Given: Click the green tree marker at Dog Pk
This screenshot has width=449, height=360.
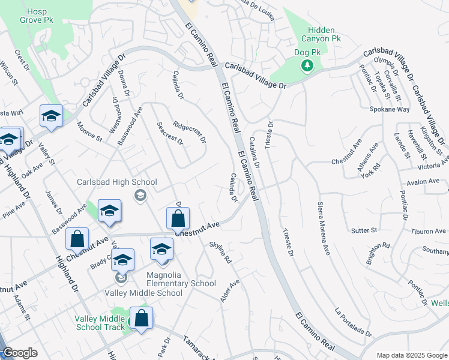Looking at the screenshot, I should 308,65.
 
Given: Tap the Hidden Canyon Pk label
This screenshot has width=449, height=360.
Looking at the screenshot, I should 324,34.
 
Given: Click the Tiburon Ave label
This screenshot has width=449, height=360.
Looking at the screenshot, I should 429,231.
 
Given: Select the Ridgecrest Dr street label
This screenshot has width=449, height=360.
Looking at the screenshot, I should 189,133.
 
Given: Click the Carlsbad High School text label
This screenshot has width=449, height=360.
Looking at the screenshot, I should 117,182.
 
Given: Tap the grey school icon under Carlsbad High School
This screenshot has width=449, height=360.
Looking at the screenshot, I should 140,194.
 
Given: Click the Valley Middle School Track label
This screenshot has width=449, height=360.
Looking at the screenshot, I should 100,323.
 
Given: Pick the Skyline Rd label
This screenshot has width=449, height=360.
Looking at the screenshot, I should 220,254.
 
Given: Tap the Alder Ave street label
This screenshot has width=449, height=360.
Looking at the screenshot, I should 230,290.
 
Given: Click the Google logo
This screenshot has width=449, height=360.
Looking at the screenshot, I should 20,353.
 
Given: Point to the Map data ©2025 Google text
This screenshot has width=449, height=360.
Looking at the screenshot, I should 411,355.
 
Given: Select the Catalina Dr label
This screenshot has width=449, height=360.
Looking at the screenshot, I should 254,152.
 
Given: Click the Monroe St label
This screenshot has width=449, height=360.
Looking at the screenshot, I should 89,131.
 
